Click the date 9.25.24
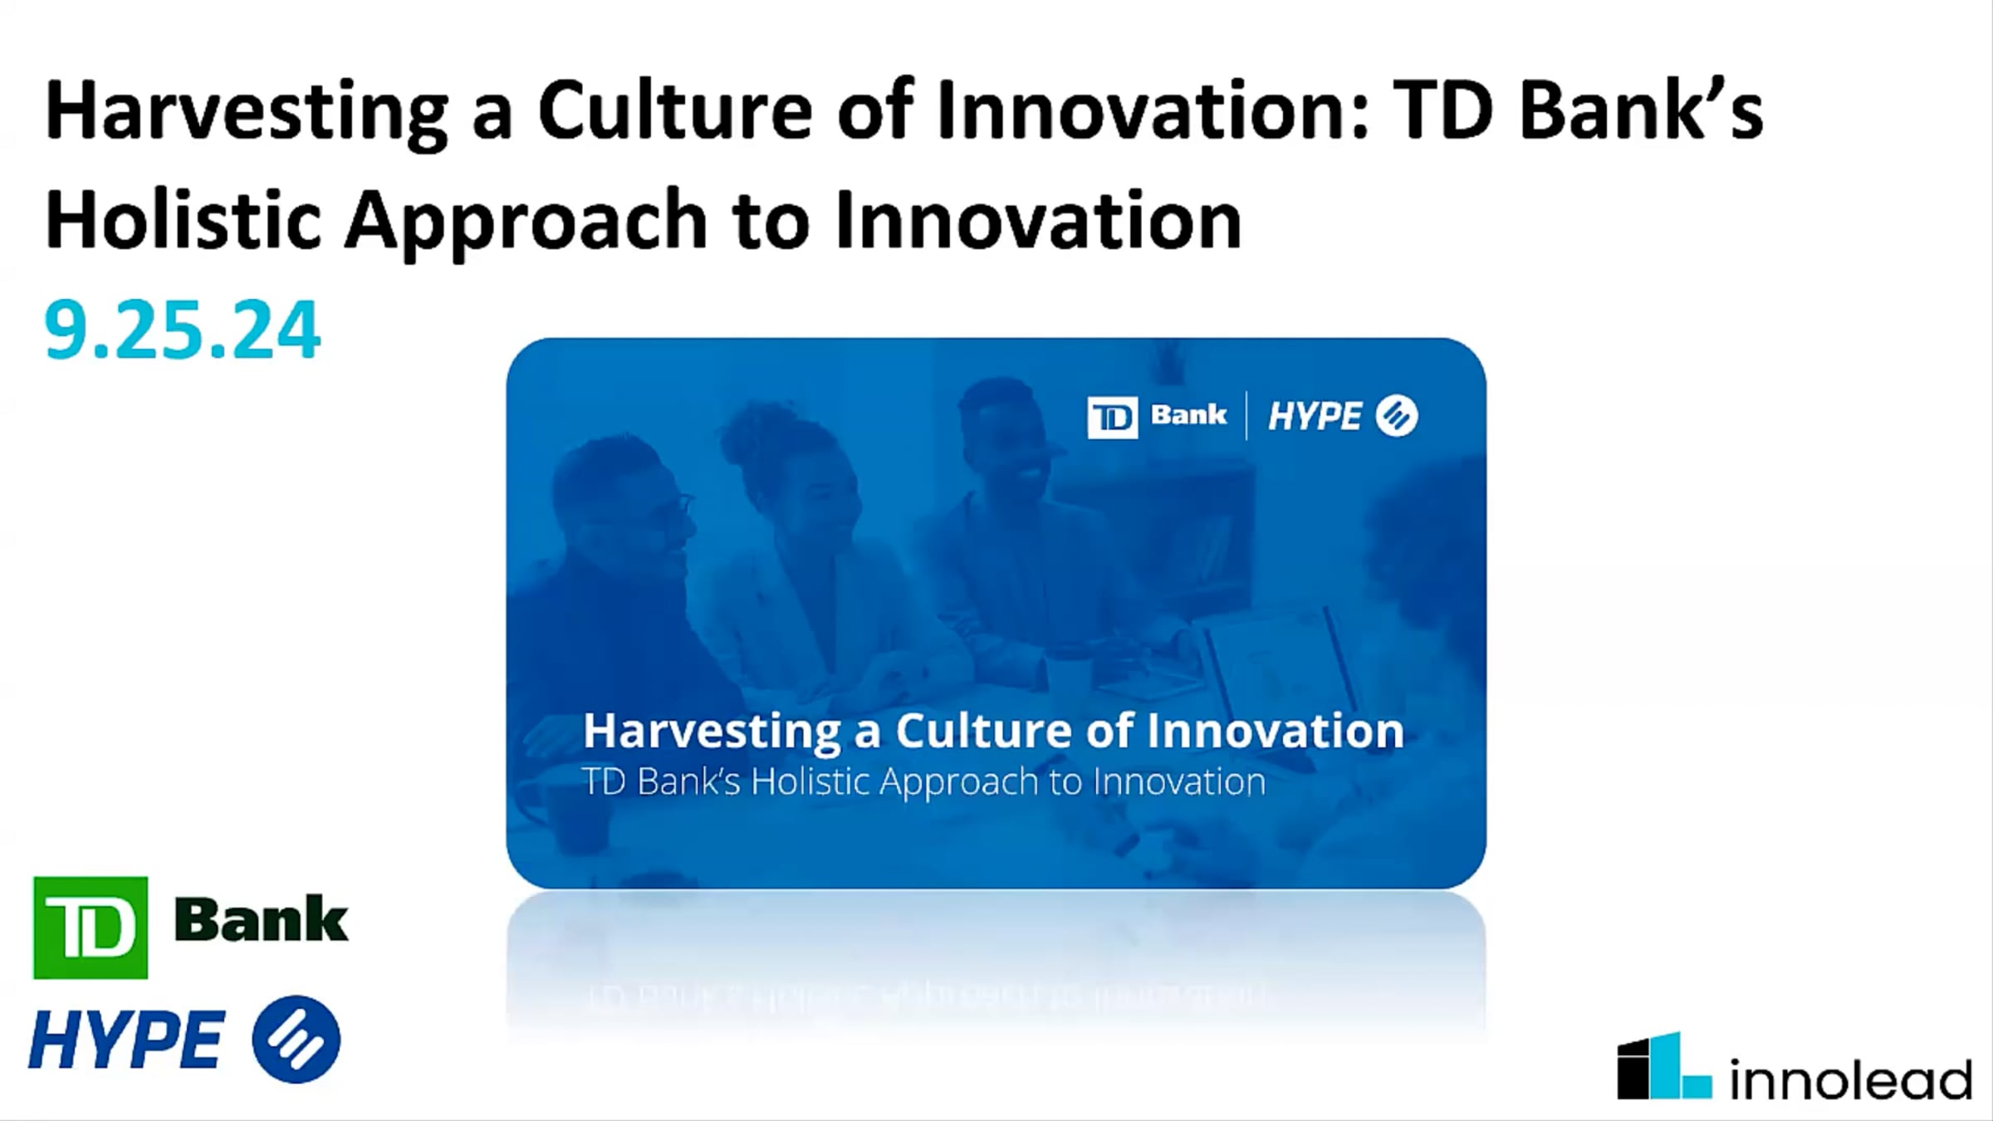[182, 330]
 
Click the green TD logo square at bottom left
[91, 928]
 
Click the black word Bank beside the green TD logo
[262, 920]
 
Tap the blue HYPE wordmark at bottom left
[126, 1040]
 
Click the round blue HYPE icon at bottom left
[296, 1039]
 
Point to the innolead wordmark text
[1850, 1079]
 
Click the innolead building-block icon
[1664, 1066]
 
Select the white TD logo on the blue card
[1112, 417]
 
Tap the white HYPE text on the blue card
[1315, 416]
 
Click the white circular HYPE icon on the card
[1397, 416]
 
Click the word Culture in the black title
[675, 111]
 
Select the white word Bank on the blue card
[1188, 414]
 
